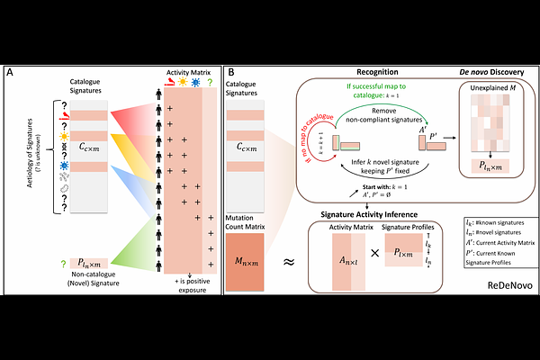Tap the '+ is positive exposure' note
pos(191,287)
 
